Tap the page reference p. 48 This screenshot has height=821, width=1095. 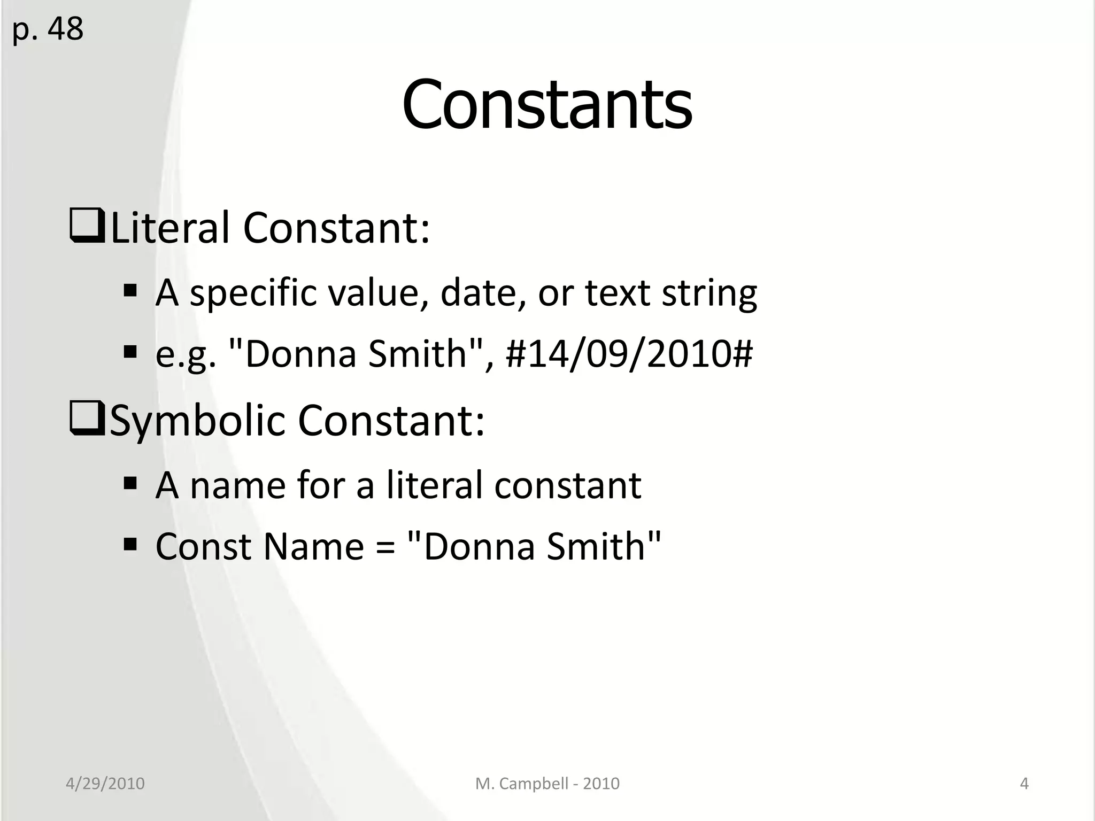(48, 29)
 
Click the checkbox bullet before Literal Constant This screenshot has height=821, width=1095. (87, 227)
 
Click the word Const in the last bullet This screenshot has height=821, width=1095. (203, 546)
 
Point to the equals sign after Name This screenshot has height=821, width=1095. (385, 547)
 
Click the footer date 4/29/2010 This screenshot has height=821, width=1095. (105, 784)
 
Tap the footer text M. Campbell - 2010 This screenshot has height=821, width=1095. (547, 784)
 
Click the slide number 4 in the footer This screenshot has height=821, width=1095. (1024, 784)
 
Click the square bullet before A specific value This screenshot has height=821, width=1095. (130, 291)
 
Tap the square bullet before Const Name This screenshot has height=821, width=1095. (130, 545)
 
